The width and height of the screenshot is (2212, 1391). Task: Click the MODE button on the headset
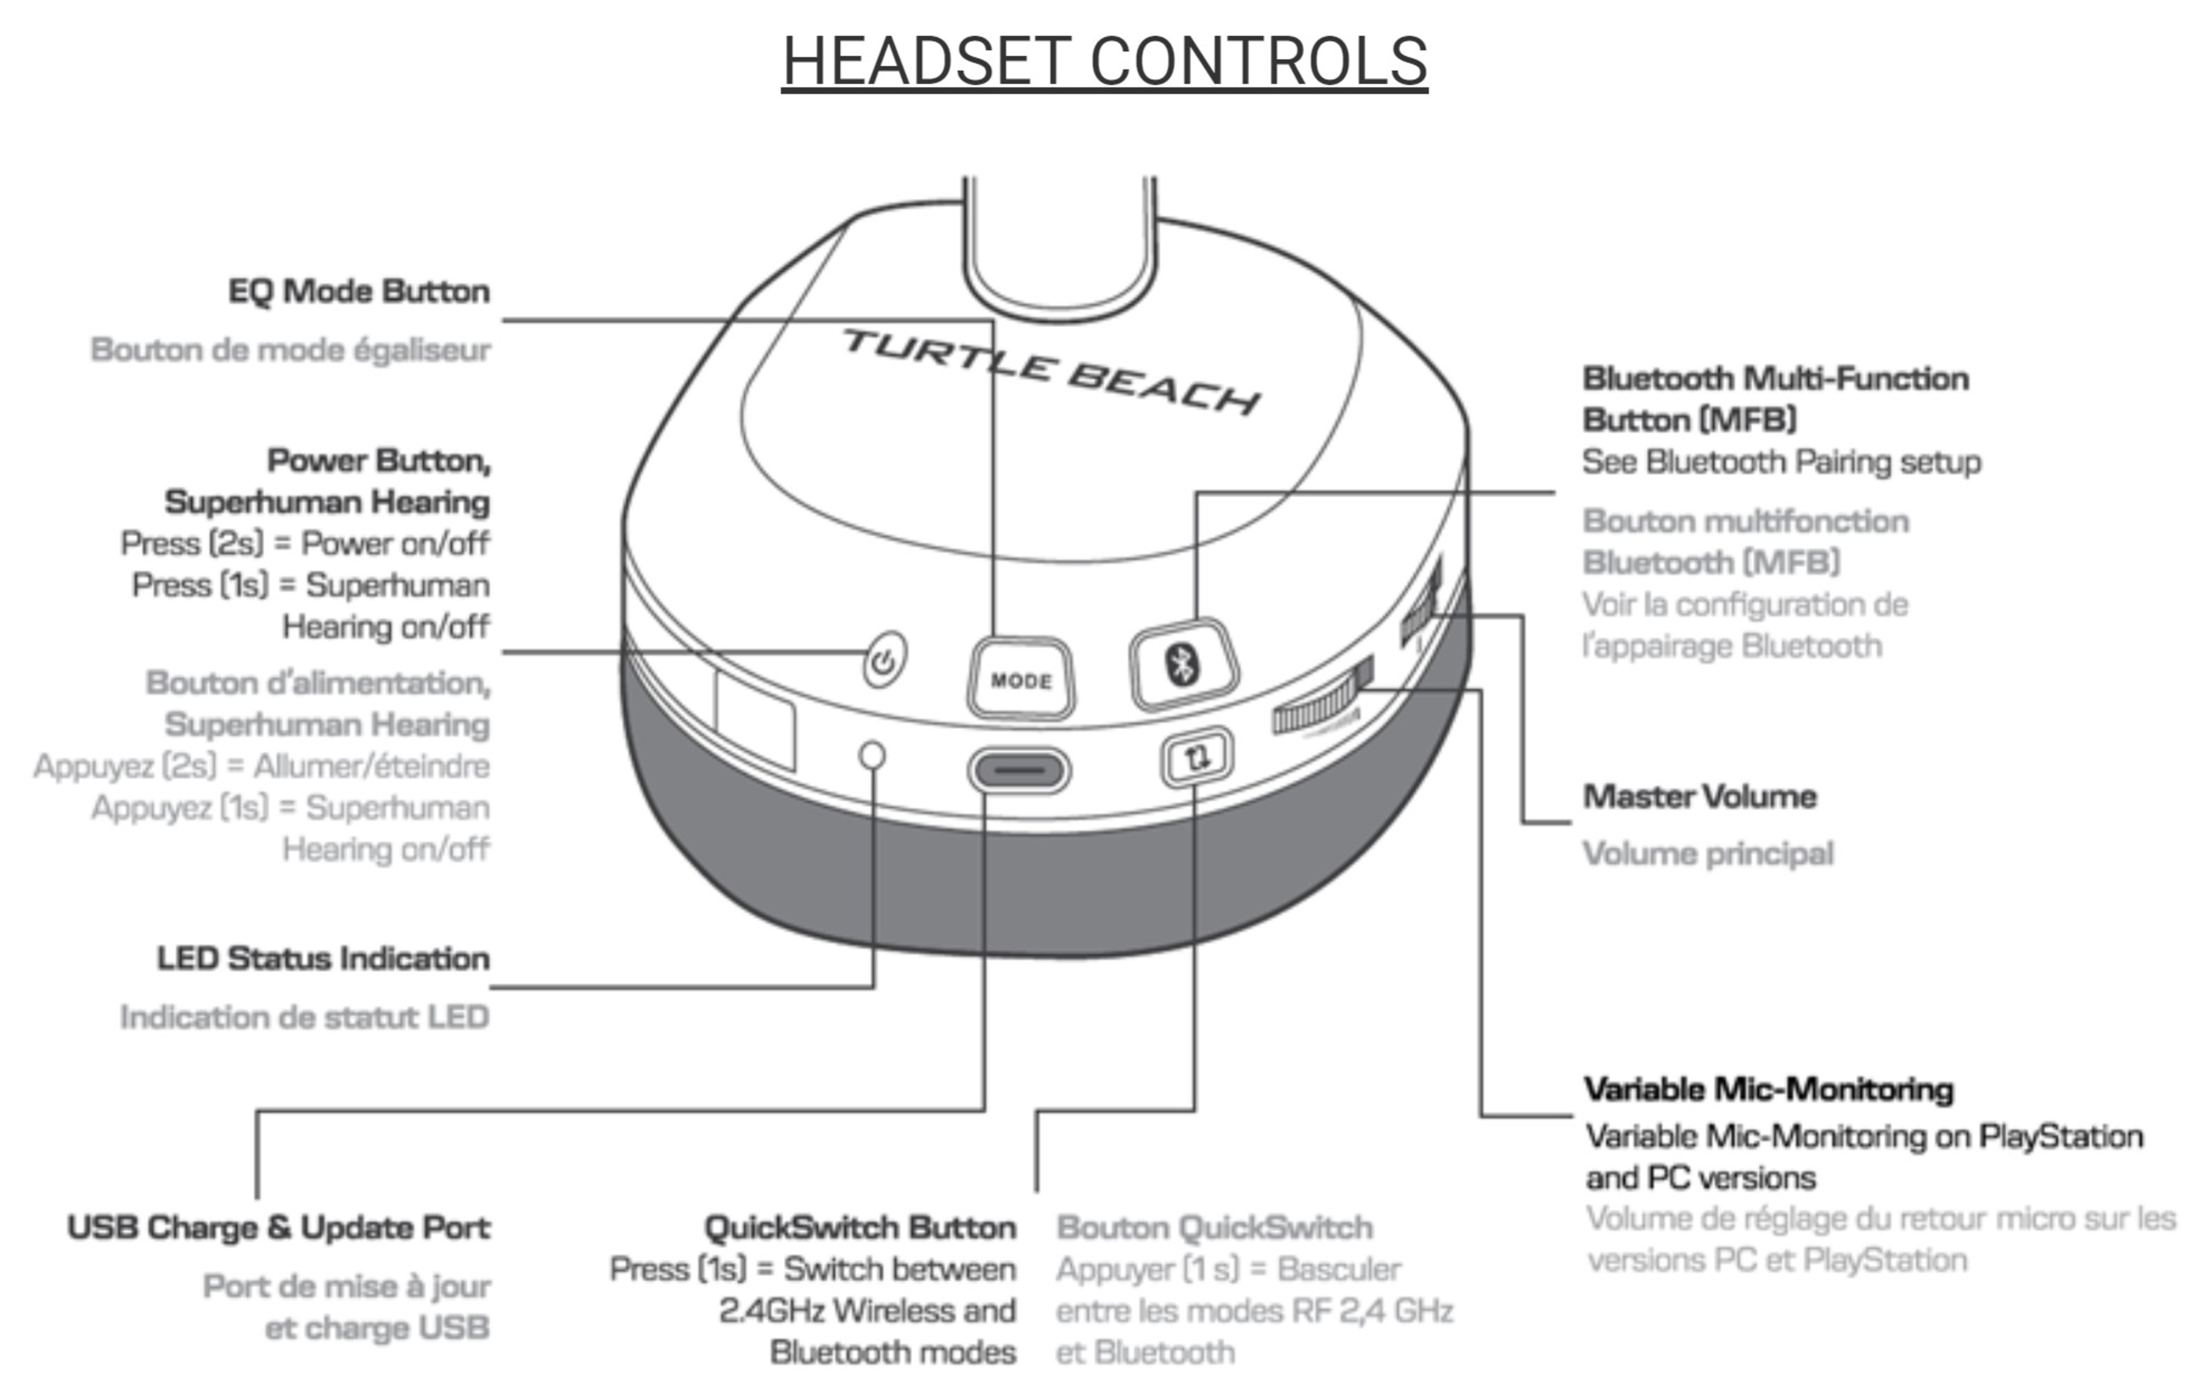[1021, 679]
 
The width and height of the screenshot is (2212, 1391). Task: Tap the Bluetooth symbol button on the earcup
[1183, 663]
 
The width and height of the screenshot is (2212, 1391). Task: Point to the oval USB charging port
[1019, 770]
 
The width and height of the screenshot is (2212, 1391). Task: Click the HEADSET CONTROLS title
[1104, 62]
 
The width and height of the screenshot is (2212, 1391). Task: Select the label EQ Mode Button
[359, 291]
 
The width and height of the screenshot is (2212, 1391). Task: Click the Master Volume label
[1699, 796]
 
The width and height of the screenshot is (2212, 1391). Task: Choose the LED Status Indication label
[323, 958]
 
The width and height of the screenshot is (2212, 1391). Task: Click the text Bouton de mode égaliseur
[290, 350]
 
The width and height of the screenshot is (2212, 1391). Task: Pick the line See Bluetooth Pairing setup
[1781, 461]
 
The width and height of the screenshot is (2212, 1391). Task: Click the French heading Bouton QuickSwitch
[1214, 1227]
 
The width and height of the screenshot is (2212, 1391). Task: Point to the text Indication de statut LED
[304, 1017]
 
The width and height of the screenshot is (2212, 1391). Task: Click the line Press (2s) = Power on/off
[305, 543]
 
